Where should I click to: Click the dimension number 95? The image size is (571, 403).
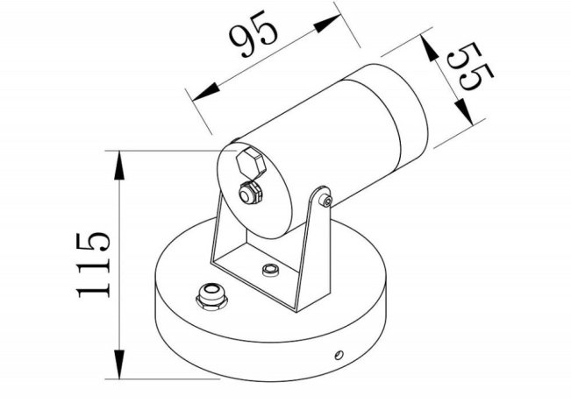253,35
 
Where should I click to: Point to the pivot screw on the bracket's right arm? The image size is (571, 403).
326,201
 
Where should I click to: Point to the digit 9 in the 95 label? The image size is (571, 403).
242,40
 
